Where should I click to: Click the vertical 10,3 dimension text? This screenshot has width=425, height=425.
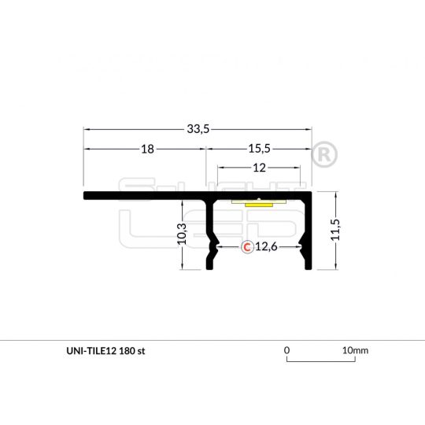[181, 234]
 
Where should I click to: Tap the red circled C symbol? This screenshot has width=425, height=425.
[246, 247]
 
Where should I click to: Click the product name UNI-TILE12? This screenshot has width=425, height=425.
[91, 351]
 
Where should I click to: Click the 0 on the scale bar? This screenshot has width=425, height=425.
[287, 350]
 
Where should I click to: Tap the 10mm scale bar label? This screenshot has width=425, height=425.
[355, 350]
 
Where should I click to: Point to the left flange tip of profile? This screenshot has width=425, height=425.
[86, 195]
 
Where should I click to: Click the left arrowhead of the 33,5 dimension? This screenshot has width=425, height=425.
[87, 129]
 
